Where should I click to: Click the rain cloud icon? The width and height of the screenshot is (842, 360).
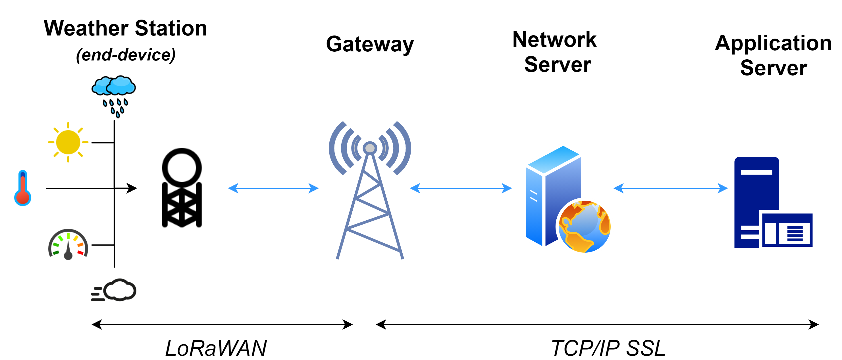114,86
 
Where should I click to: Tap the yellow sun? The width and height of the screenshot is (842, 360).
68,142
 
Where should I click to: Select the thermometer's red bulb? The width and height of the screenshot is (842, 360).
22,197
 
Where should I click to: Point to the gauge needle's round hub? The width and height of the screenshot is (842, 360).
68,256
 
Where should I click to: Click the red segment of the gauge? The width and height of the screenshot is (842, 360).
80,252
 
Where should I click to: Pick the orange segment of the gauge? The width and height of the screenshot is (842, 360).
80,244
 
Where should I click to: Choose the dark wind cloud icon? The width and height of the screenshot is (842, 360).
120,290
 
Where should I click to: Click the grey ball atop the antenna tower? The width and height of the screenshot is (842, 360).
370,148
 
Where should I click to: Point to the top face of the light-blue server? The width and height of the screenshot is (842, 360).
554,158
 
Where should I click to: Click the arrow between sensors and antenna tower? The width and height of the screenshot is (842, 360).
273,188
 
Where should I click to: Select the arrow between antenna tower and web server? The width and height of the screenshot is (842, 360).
461,188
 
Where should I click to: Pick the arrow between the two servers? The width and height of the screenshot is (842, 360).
670,188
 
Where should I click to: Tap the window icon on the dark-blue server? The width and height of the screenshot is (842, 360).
787,230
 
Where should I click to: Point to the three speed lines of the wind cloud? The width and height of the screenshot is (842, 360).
97,294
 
